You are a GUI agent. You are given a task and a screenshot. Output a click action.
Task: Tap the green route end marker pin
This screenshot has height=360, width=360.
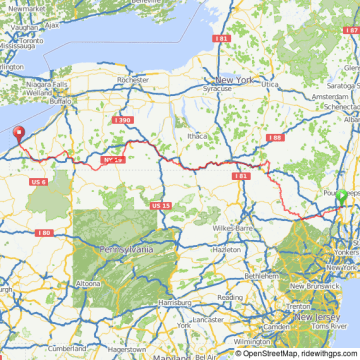341,196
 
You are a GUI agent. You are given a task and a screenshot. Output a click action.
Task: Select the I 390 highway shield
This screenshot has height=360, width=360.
122,120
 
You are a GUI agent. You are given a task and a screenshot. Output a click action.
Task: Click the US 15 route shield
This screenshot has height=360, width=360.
161,205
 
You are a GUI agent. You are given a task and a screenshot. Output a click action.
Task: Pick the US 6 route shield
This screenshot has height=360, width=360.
39,181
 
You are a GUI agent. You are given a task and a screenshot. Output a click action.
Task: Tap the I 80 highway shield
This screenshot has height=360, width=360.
44,233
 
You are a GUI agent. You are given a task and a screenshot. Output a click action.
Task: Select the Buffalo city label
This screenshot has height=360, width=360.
61,102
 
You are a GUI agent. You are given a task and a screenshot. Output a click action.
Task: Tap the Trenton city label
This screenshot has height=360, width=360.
297,307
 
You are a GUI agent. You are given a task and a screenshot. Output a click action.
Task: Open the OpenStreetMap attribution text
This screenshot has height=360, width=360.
271,353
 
